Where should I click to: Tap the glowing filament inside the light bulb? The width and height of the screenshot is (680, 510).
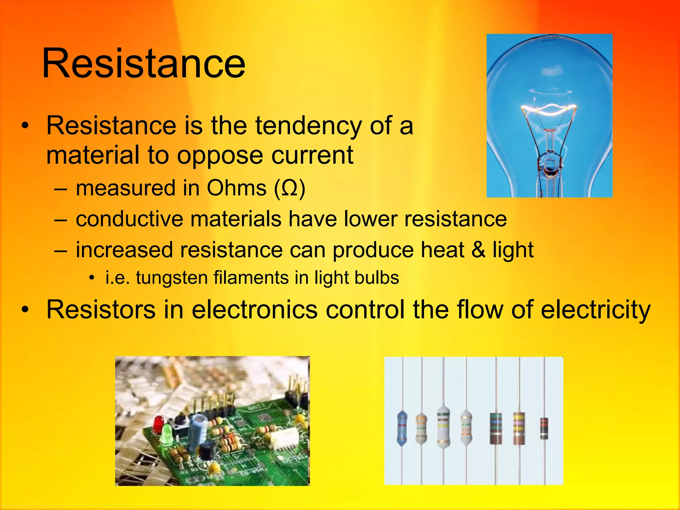tap(549, 109)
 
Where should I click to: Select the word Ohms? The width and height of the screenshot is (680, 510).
tap(236, 188)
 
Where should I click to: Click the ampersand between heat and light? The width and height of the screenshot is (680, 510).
tap(478, 249)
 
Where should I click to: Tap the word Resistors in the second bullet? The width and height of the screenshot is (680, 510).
tap(101, 309)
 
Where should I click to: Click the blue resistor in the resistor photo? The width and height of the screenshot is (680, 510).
tap(402, 428)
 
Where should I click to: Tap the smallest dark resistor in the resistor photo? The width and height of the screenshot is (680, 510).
tap(544, 428)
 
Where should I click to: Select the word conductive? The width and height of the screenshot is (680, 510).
tap(129, 219)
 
